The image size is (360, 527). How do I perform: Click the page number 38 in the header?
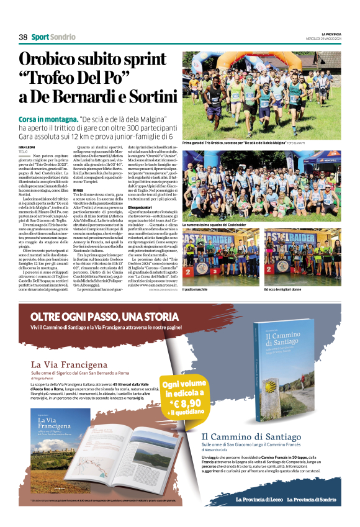[23, 37]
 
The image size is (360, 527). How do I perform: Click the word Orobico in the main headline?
[55, 60]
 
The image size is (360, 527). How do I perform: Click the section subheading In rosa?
[78, 190]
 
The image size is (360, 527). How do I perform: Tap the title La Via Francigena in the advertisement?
[59, 364]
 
